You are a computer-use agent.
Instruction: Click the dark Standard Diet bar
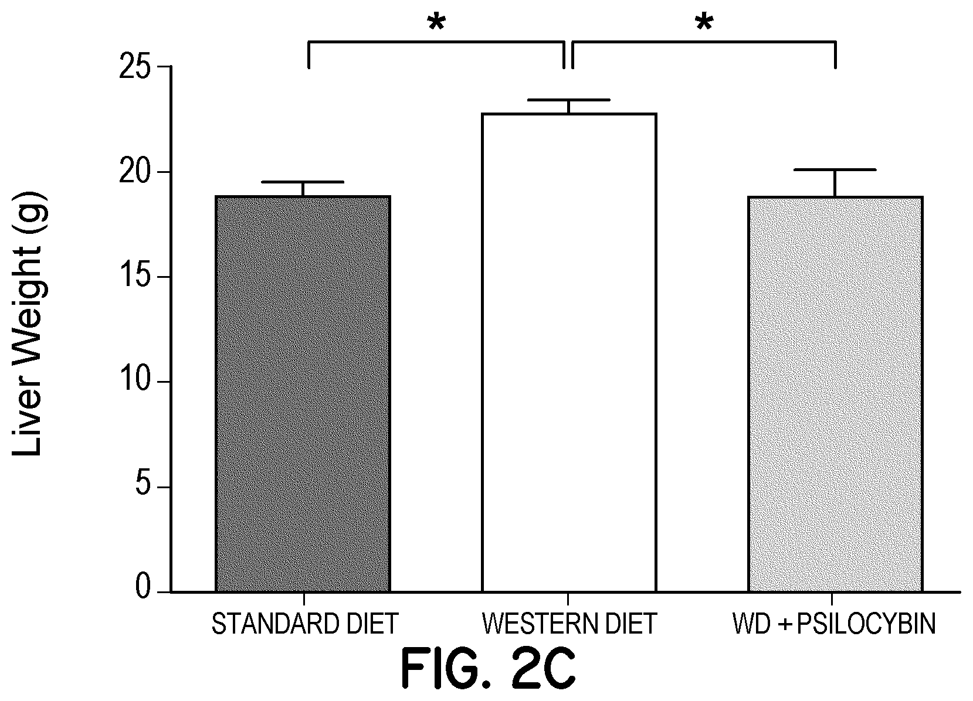pos(303,394)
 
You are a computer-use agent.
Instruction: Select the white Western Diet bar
pos(568,352)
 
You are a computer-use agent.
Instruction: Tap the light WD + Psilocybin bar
pos(835,394)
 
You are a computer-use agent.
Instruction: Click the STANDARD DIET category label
pos(304,624)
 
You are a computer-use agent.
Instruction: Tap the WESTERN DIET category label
pos(569,624)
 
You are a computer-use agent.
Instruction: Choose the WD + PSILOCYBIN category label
pos(834,624)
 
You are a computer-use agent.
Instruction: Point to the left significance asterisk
pos(436,23)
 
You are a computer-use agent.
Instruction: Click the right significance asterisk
pos(704,23)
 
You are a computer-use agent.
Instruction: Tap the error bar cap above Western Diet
pos(568,100)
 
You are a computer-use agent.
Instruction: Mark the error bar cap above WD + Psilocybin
pos(835,169)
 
